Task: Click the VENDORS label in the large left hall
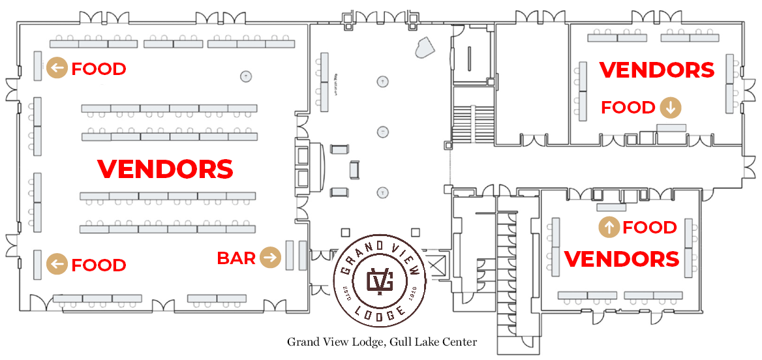(165, 169)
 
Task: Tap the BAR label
(236, 258)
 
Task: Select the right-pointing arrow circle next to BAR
(270, 258)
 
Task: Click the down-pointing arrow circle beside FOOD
(670, 108)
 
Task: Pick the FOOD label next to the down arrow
(628, 108)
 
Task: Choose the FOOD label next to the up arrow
(649, 228)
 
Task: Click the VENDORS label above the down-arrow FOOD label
(656, 70)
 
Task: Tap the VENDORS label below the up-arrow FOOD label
(622, 259)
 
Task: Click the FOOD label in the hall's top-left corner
(99, 68)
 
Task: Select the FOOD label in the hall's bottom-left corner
(99, 265)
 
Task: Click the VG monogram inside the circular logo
(380, 281)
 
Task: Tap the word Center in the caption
(461, 342)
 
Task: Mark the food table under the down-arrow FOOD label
(671, 127)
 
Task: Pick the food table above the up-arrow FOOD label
(611, 207)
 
